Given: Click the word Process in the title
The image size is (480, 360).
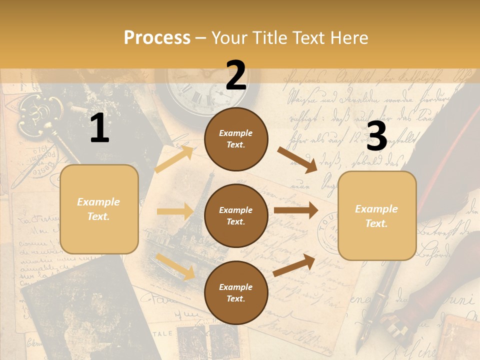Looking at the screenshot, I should (157, 38).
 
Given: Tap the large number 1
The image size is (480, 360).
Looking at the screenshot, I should (99, 128).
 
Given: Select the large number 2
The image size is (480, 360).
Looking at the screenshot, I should (236, 75).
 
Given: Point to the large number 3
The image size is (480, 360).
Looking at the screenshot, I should (376, 136).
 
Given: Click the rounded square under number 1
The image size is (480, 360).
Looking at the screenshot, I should (99, 209).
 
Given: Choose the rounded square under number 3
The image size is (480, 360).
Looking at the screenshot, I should (377, 215).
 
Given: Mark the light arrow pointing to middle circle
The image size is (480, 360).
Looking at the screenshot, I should (175, 211).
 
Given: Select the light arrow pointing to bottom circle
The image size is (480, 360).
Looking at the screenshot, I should (175, 266).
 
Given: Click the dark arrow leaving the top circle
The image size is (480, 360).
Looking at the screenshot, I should (297, 159).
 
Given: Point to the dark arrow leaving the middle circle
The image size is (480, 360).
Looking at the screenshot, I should (295, 210).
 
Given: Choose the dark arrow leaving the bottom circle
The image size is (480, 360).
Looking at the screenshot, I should (294, 265).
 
